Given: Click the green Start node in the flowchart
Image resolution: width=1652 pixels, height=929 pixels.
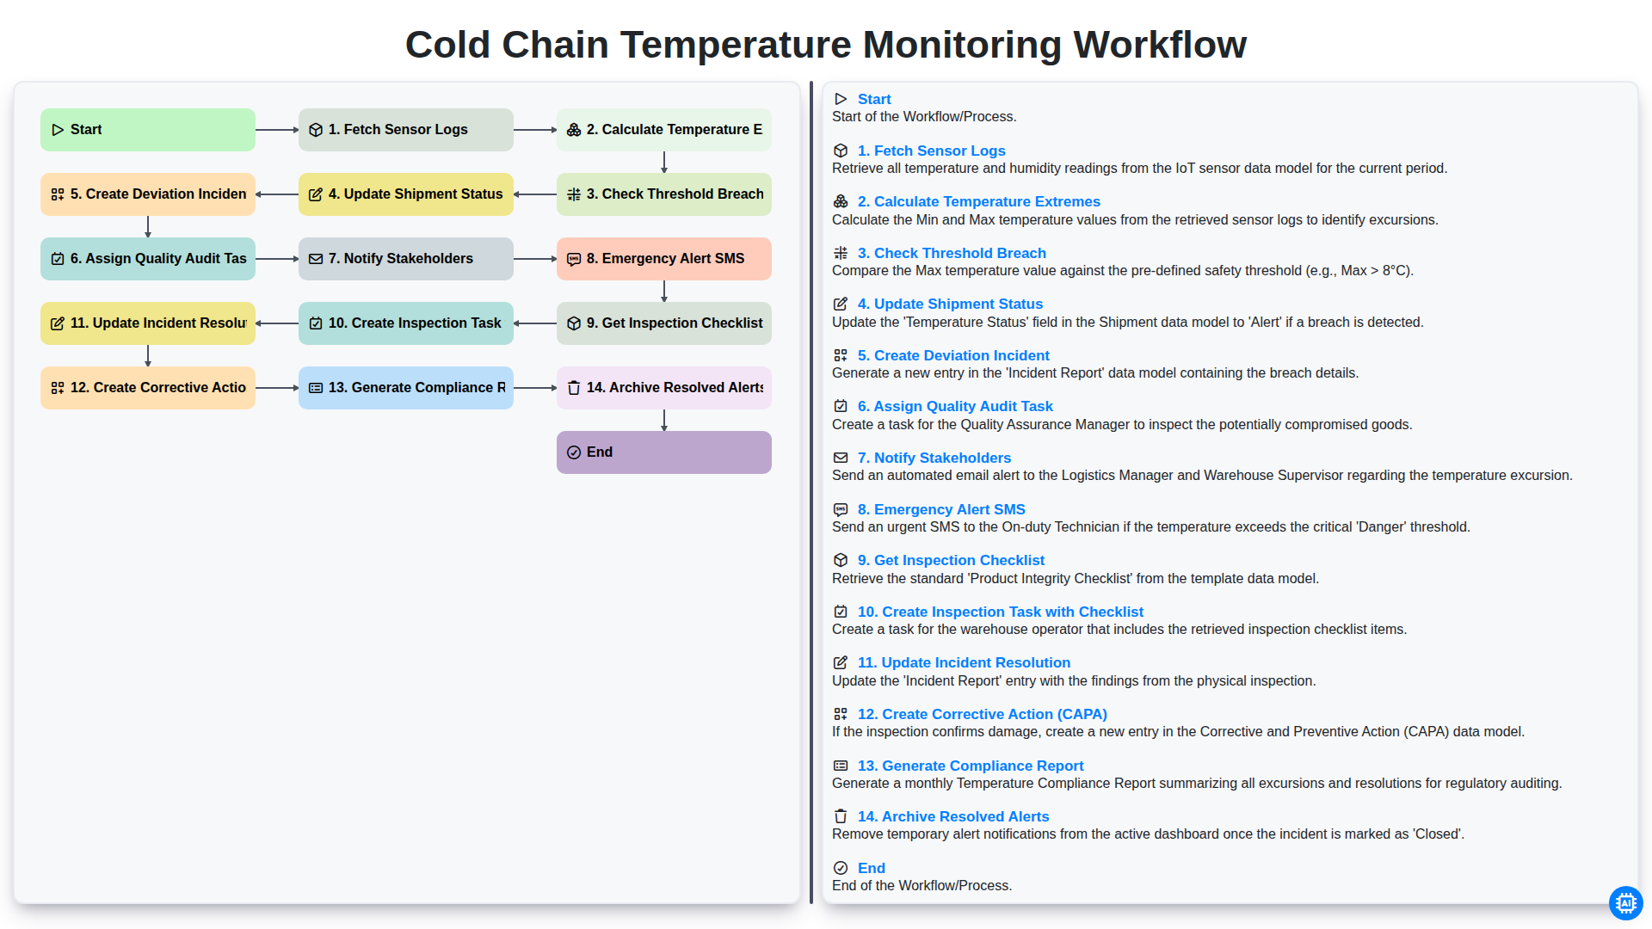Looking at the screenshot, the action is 148,130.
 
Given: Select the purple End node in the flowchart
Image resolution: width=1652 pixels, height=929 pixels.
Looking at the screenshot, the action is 664,452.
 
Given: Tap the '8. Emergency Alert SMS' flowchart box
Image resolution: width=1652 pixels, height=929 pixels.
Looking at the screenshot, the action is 664,259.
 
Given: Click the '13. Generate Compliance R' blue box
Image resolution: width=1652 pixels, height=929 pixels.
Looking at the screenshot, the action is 406,388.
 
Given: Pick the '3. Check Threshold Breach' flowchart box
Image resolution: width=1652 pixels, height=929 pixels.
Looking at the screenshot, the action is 664,194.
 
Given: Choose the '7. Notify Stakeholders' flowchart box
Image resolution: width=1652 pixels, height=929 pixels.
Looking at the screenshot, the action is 406,259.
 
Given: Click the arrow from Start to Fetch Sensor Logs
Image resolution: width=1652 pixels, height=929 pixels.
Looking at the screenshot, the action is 277,130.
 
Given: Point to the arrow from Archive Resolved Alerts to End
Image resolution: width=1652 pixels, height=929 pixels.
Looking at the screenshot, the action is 664,420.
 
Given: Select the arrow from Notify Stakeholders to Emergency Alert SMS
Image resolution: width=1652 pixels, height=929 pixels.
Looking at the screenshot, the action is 535,259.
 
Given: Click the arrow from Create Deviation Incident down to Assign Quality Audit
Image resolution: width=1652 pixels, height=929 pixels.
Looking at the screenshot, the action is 148,226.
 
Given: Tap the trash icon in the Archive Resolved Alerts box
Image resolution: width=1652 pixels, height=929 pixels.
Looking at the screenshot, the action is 574,388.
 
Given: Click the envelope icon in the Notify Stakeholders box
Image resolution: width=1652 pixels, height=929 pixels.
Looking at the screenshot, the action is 316,259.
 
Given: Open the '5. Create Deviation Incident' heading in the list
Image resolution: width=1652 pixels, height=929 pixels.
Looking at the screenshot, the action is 953,355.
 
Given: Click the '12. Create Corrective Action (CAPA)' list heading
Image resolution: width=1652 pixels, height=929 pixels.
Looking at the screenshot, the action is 983,714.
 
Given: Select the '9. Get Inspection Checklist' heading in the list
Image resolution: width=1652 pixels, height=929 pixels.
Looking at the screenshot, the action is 951,560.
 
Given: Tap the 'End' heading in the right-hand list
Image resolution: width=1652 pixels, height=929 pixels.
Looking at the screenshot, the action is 872,868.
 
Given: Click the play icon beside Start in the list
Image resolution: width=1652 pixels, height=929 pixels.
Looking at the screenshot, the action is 841,99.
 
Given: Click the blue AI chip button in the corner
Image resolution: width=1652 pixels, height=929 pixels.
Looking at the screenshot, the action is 1625,903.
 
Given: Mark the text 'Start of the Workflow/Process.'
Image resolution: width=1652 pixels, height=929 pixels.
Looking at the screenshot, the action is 924,117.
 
